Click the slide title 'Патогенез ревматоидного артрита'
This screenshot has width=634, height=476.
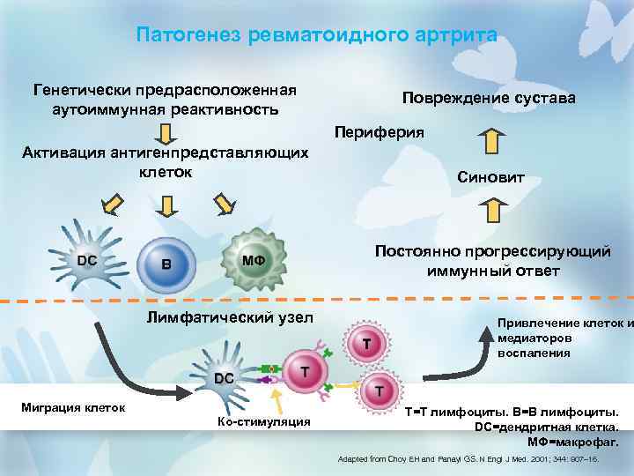click(x=317, y=35)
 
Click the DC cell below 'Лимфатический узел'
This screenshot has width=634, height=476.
click(x=224, y=377)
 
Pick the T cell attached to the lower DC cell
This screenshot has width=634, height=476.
click(x=303, y=373)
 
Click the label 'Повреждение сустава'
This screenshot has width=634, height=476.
click(x=489, y=98)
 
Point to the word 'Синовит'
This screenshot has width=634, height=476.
click(x=490, y=178)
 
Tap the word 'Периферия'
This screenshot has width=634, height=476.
click(x=379, y=132)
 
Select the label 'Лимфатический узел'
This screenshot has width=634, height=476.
click(x=230, y=316)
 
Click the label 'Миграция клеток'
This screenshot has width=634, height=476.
click(x=74, y=406)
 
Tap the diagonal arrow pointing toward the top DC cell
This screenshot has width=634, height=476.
click(x=112, y=205)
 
